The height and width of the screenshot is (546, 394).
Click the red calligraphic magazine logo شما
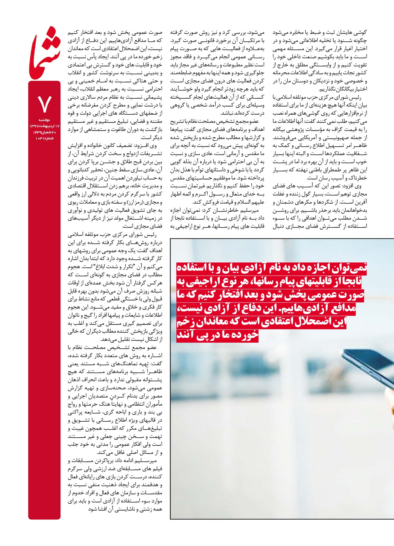click(45, 52)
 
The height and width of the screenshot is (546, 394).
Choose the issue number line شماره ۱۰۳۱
click(43, 138)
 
